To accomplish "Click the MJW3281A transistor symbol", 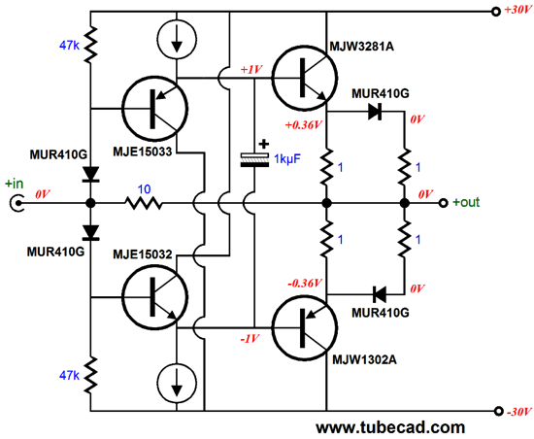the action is coord(305,78).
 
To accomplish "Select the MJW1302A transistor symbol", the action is coord(305,327).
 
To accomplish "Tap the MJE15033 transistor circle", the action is coord(154,109).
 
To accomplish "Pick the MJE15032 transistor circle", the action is coord(154,297).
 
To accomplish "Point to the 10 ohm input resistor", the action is coord(144,203).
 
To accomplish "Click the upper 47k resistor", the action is coord(90,45).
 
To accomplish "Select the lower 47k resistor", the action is coord(90,376).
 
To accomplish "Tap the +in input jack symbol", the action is coord(17,203).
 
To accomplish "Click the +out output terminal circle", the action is coord(443,203).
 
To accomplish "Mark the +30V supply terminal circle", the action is coord(496,12).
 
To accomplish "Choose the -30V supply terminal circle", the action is coord(498,411).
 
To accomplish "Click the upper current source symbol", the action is coord(177,38).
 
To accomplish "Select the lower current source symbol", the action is coord(177,382).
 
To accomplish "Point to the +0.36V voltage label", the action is coord(304,125).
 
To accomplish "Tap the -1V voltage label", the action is coord(250,339).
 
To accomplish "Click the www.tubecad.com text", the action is coord(390,427).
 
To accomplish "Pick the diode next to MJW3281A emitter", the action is coord(375,112).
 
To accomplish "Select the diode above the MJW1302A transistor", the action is coord(380,294).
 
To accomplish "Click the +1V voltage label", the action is coord(251,70).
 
